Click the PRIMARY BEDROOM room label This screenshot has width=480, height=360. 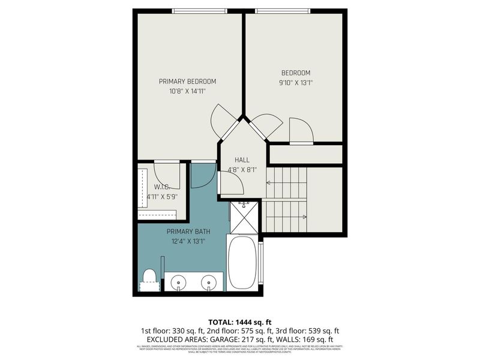(x=187, y=82)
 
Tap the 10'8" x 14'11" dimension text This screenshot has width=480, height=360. (x=187, y=92)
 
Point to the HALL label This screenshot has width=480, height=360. (x=242, y=160)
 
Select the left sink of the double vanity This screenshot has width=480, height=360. (x=179, y=281)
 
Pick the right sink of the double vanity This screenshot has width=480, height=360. (x=208, y=281)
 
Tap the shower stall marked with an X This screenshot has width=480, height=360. (x=244, y=218)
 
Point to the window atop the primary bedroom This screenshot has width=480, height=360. (x=200, y=11)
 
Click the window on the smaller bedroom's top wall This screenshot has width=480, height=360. (x=283, y=11)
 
